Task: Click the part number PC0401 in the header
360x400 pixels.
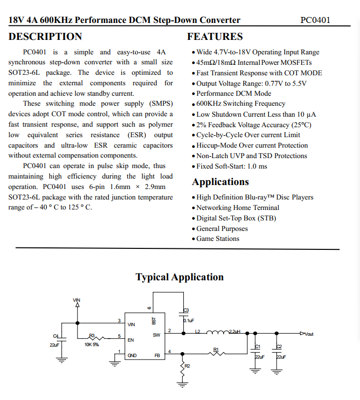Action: pyautogui.click(x=315, y=20)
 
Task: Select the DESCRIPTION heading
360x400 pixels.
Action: pyautogui.click(x=45, y=37)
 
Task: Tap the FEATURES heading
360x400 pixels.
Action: pyautogui.click(x=215, y=37)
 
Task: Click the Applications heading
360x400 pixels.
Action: pyautogui.click(x=220, y=182)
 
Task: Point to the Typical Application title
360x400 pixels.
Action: pyautogui.click(x=180, y=277)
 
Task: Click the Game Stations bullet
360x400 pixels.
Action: pyautogui.click(x=218, y=239)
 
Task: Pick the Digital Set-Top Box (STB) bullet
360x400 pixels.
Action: pyautogui.click(x=236, y=218)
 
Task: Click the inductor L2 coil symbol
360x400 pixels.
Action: pyautogui.click(x=218, y=332)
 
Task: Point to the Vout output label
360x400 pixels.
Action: pyautogui.click(x=309, y=334)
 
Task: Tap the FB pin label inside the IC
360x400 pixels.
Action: pyautogui.click(x=157, y=356)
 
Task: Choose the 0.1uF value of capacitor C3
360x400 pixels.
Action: pyautogui.click(x=189, y=321)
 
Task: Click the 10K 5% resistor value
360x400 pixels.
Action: pyautogui.click(x=91, y=345)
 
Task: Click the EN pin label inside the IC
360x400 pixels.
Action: pyautogui.click(x=131, y=340)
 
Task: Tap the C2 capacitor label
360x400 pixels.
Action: pyautogui.click(x=279, y=347)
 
